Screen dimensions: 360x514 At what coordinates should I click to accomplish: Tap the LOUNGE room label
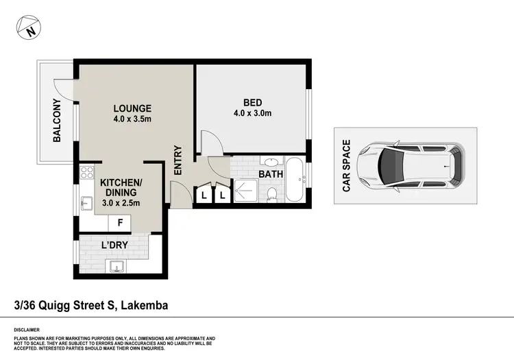pyautogui.click(x=132, y=108)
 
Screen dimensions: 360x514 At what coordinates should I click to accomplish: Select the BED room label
pyautogui.click(x=252, y=103)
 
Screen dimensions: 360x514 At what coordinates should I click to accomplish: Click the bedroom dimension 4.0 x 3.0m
pyautogui.click(x=252, y=114)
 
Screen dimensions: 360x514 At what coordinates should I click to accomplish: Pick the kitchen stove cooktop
pyautogui.click(x=87, y=173)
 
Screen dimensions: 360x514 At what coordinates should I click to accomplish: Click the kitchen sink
pyautogui.click(x=86, y=203)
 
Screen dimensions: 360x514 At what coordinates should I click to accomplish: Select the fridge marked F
pyautogui.click(x=121, y=223)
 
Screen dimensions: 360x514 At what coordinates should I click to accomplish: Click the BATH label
pyautogui.click(x=271, y=175)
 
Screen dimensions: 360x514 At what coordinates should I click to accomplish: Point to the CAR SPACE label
pyautogui.click(x=347, y=165)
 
